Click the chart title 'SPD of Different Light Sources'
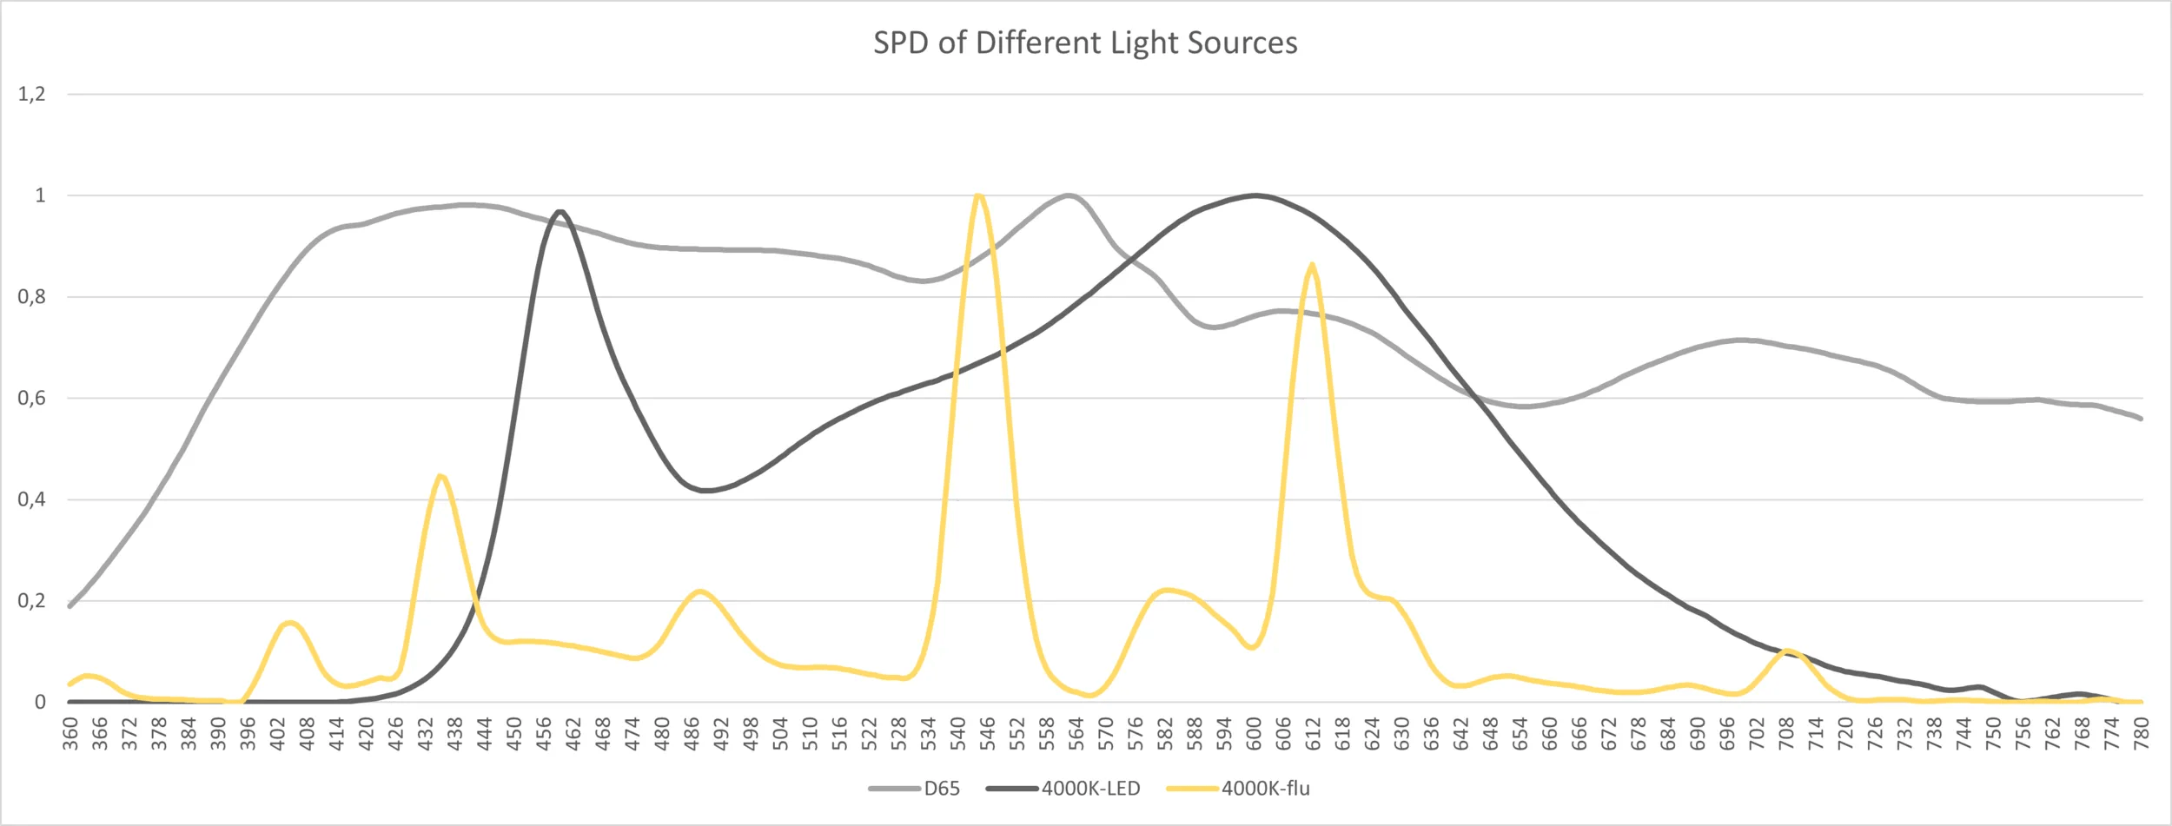click(1085, 43)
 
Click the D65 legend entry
click(941, 789)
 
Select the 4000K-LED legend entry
click(1090, 789)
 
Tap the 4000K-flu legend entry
click(1265, 789)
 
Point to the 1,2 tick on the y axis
click(32, 94)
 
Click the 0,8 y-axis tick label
click(32, 297)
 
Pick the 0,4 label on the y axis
click(32, 499)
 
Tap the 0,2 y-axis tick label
click(32, 601)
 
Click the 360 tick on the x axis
click(70, 734)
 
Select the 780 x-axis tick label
click(2141, 734)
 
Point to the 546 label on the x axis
click(987, 734)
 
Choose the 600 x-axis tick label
click(1254, 734)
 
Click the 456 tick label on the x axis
click(544, 734)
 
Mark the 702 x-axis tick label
click(1757, 734)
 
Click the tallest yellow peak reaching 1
click(978, 196)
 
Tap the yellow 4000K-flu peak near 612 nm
click(1311, 265)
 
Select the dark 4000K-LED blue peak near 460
click(560, 212)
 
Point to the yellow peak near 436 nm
click(441, 476)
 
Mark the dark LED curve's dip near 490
click(706, 491)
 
